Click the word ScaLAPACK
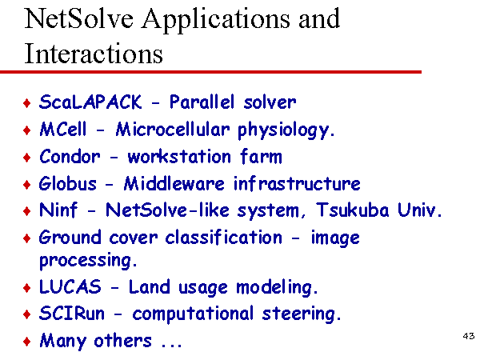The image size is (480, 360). (x=90, y=102)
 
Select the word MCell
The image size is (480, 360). (x=63, y=129)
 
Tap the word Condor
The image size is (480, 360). (x=70, y=157)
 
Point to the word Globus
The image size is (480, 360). (x=68, y=184)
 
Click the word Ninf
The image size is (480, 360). (x=58, y=210)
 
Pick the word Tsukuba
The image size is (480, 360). (x=352, y=210)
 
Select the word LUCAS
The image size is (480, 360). (x=70, y=287)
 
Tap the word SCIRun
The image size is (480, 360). (x=72, y=314)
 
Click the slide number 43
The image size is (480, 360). (x=469, y=336)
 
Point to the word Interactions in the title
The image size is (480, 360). (x=94, y=54)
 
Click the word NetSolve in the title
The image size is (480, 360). (x=79, y=19)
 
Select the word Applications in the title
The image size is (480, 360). (x=215, y=20)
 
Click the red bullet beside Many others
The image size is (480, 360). (x=27, y=341)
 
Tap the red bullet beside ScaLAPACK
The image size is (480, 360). (x=27, y=103)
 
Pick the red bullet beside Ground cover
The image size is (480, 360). (x=27, y=238)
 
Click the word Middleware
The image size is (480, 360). (x=174, y=184)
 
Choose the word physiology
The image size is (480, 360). (x=286, y=130)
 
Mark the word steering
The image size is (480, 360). (x=302, y=314)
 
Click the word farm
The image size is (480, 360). (x=261, y=157)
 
